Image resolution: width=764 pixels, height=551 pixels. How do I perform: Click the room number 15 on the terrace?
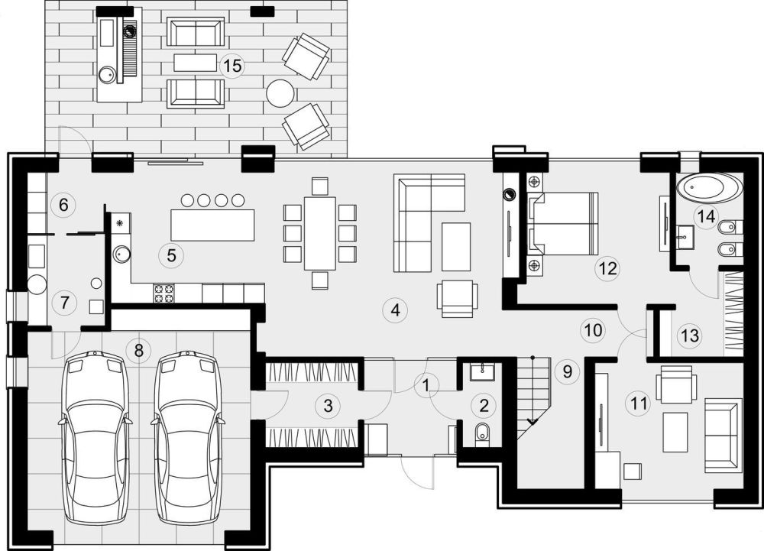[233, 65]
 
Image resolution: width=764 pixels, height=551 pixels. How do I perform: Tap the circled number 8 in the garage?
[138, 350]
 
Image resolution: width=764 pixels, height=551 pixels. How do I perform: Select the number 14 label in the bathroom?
[707, 216]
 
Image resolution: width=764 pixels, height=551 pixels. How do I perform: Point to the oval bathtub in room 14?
[709, 187]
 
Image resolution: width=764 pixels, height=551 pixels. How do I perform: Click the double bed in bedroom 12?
[563, 224]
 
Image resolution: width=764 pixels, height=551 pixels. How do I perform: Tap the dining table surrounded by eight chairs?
[319, 233]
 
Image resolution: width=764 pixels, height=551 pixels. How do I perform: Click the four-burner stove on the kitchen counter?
[164, 293]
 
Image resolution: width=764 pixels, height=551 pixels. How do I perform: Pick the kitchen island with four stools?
[213, 225]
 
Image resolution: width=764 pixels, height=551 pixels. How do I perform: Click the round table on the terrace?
[280, 92]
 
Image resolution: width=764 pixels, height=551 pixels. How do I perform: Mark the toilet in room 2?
[482, 432]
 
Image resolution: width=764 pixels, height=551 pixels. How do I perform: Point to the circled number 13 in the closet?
[691, 335]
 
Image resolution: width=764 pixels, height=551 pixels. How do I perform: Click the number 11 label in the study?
[639, 404]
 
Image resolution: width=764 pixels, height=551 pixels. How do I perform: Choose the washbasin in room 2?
[482, 372]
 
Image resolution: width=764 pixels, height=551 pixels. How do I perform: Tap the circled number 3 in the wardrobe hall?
[328, 405]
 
